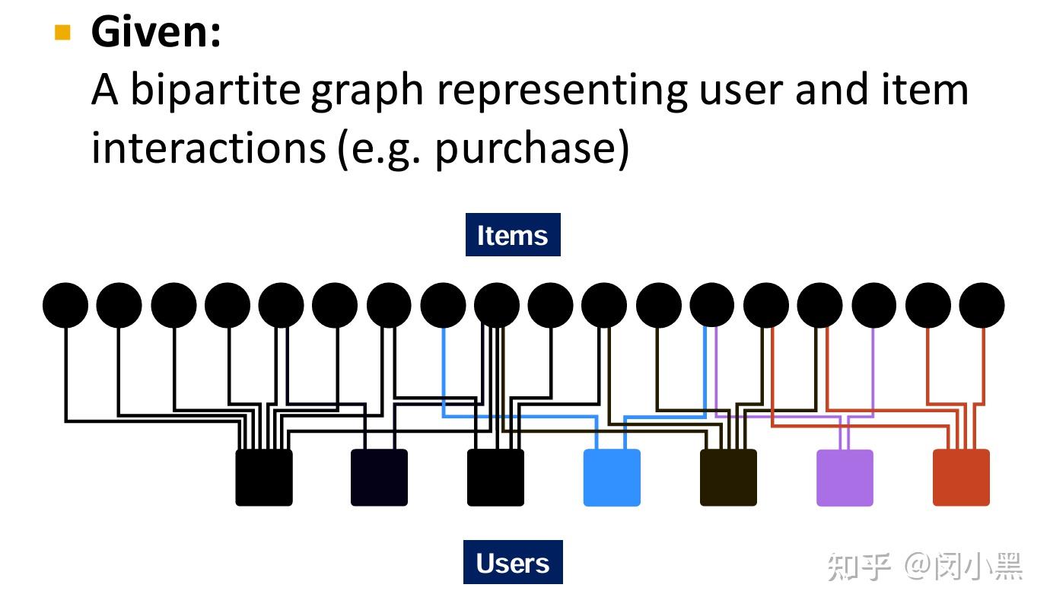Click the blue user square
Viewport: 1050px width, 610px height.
(x=612, y=478)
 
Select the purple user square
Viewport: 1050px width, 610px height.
(x=845, y=478)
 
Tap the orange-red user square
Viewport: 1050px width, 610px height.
(x=961, y=478)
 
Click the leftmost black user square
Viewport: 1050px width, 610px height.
(x=264, y=478)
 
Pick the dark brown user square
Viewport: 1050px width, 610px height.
(x=728, y=478)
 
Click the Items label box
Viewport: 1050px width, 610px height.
(x=513, y=235)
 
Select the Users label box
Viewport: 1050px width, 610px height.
(x=513, y=563)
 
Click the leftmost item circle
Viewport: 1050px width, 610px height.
(x=65, y=305)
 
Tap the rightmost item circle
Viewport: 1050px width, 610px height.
(x=982, y=305)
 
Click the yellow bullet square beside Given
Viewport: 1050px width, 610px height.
(x=62, y=33)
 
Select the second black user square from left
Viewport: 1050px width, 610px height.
(x=379, y=478)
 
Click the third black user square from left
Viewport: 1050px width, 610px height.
(x=495, y=478)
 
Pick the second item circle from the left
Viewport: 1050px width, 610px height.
(x=119, y=305)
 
